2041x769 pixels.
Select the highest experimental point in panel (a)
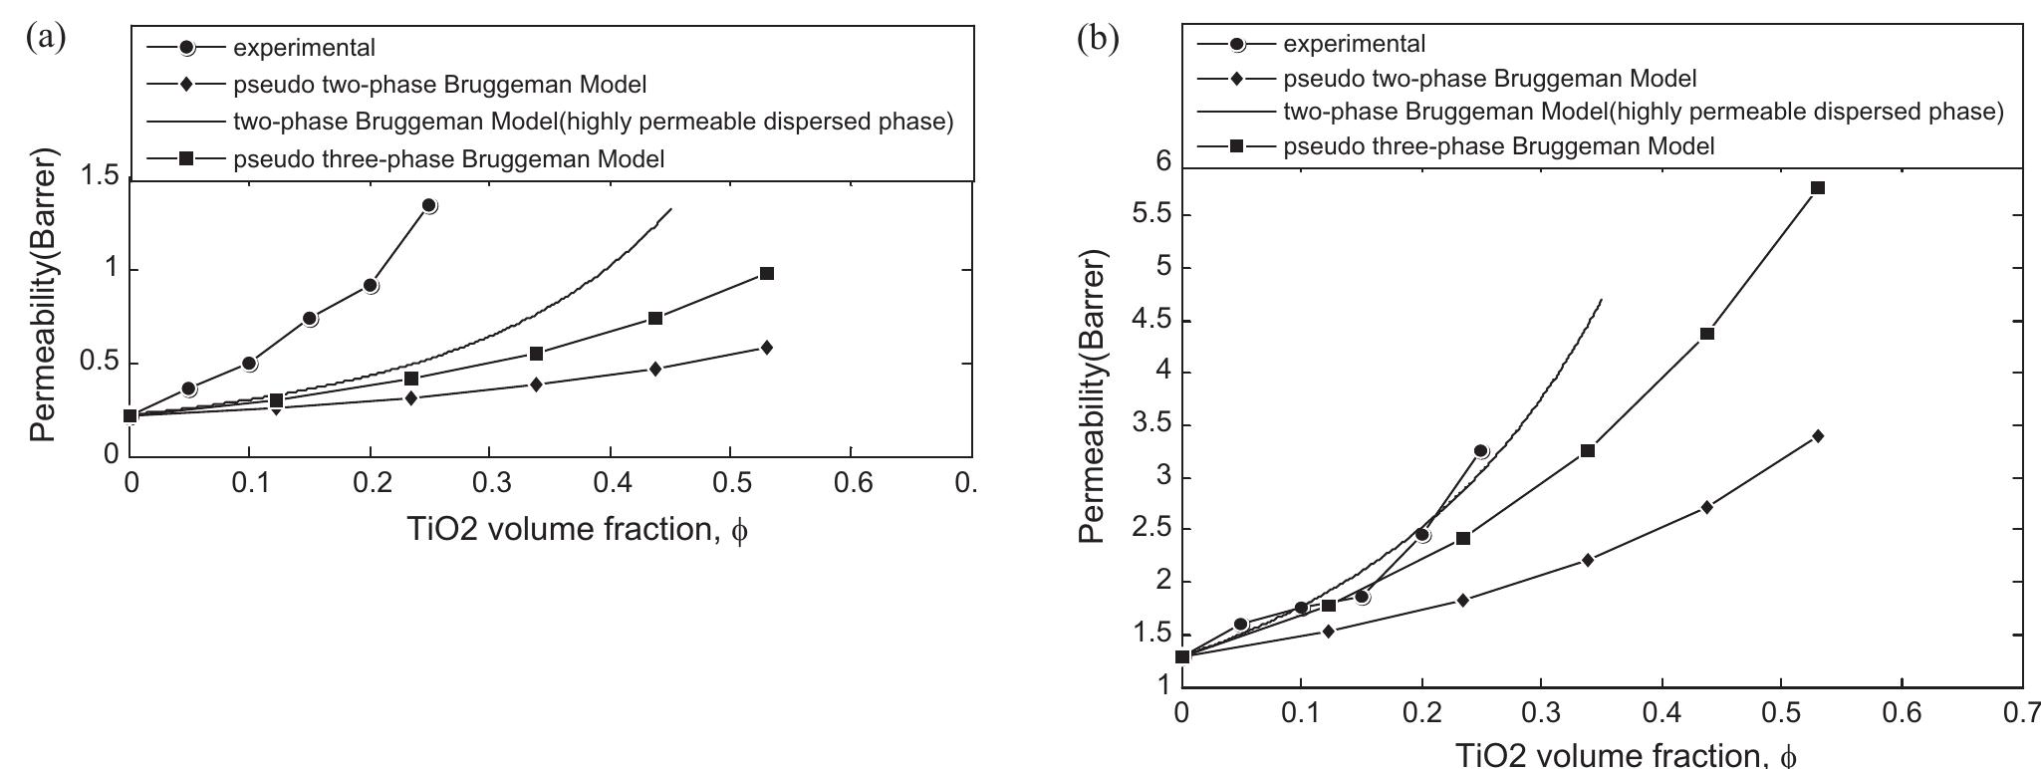click(429, 205)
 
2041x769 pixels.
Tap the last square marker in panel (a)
click(767, 273)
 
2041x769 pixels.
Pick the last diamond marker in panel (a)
click(766, 347)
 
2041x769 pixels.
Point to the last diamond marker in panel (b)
click(1818, 435)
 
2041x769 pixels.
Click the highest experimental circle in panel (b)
click(1481, 451)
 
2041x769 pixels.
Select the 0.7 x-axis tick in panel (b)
click(2022, 714)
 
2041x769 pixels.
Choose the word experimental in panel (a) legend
click(304, 46)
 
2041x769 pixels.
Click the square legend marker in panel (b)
click(1236, 146)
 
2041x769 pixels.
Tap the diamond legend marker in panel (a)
click(186, 85)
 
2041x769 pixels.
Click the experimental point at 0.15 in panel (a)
click(310, 319)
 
